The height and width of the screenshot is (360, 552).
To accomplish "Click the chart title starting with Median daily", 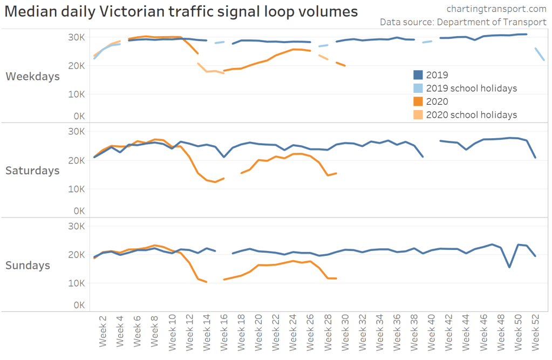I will point(181,11).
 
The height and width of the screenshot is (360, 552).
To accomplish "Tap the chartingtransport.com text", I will point(496,9).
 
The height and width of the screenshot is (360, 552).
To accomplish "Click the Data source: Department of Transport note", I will point(463,22).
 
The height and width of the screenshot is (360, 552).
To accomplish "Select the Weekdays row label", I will point(32,77).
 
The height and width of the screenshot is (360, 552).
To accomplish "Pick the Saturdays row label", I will point(32,171).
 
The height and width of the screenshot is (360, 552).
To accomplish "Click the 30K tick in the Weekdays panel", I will point(76,37).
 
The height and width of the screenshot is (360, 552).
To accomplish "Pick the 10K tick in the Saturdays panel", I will point(76,189).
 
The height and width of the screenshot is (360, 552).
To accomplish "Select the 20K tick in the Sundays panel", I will point(76,255).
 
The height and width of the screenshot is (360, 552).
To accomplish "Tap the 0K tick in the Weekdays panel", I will point(78,116).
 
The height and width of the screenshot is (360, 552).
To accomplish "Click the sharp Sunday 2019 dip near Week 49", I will point(509,267).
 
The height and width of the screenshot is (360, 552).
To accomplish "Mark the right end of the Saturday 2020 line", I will point(336,173).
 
